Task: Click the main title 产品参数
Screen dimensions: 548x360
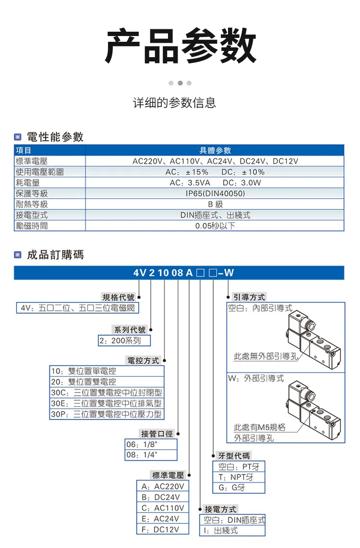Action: pyautogui.click(x=180, y=46)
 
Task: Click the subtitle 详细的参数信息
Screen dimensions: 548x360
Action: pyautogui.click(x=174, y=103)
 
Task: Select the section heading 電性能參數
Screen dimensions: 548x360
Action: pyautogui.click(x=55, y=137)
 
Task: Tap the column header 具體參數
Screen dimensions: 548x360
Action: pyautogui.click(x=215, y=151)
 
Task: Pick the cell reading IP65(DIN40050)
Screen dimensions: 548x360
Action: pyautogui.click(x=215, y=194)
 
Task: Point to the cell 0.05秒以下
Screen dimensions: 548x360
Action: pyautogui.click(x=215, y=225)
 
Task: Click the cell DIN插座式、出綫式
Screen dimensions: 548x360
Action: pyautogui.click(x=215, y=215)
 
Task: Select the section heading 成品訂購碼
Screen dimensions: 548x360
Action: pyautogui.click(x=55, y=255)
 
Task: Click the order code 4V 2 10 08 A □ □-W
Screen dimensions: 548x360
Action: pyautogui.click(x=184, y=273)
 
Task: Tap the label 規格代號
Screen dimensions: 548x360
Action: pyautogui.click(x=119, y=297)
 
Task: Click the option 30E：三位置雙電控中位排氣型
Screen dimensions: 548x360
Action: pyautogui.click(x=107, y=403)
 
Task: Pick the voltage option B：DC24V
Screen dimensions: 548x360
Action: pyautogui.click(x=160, y=497)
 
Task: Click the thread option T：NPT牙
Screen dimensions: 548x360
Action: pyautogui.click(x=236, y=477)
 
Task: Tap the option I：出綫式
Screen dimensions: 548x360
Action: pyautogui.click(x=220, y=530)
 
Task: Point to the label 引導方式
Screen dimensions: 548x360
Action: pyautogui.click(x=249, y=297)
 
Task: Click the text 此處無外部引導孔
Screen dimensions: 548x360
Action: pyautogui.click(x=265, y=356)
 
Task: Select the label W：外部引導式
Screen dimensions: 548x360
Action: pyautogui.click(x=256, y=378)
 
